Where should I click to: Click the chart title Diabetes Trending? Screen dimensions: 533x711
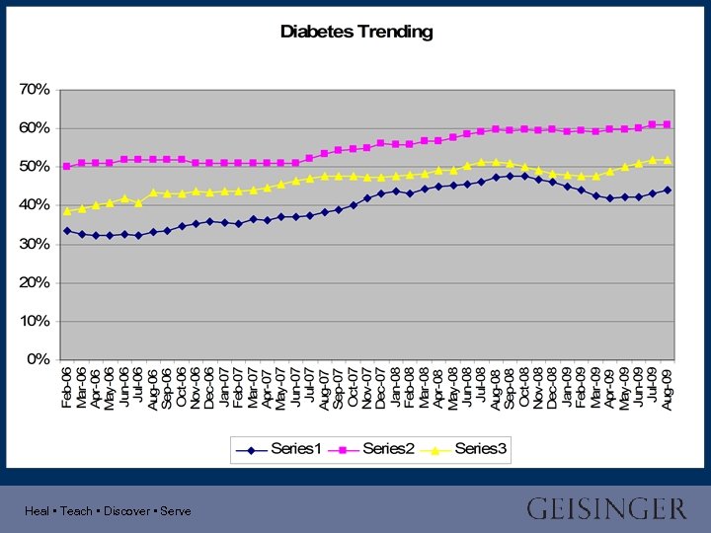[356, 32]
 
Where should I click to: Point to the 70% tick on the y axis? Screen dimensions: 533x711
[35, 89]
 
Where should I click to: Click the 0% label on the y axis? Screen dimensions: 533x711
[39, 359]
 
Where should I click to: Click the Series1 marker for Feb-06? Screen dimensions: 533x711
[67, 231]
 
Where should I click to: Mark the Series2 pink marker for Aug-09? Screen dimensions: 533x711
[668, 124]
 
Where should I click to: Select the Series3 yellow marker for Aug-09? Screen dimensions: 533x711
[668, 160]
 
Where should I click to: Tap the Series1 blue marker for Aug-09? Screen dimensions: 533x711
[668, 190]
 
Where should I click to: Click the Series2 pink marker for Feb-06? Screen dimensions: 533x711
[67, 166]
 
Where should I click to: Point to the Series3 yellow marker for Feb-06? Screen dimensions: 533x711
[67, 210]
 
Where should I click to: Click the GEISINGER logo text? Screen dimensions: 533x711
[605, 509]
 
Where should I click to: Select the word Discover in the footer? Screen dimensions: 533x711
[125, 511]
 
